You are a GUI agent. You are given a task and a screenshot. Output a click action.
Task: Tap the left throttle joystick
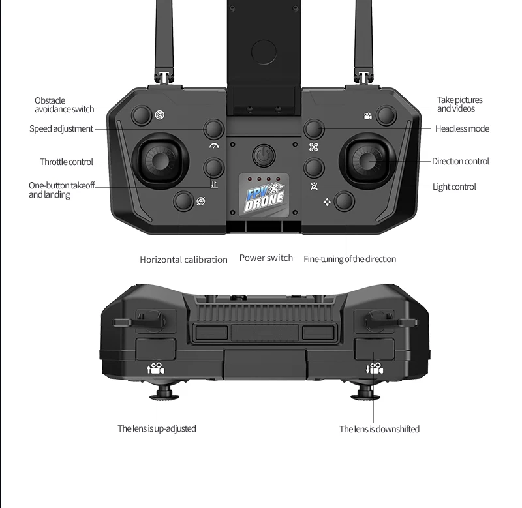[x=160, y=161]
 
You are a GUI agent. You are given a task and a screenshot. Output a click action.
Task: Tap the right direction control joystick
[x=365, y=161]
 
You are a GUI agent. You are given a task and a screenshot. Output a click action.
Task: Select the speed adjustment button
[x=214, y=129]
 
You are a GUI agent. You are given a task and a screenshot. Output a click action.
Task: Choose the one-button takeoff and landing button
[x=214, y=168]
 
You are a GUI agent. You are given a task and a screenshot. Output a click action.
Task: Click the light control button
[x=315, y=168]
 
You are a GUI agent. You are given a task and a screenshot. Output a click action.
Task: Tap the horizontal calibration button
[x=183, y=202]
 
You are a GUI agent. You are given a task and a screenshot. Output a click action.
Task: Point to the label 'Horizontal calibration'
[x=183, y=260]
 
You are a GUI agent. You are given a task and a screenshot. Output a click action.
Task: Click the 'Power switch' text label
[x=266, y=258]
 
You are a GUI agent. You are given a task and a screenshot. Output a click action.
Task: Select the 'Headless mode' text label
[x=462, y=128]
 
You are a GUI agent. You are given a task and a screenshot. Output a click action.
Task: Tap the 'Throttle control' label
[x=67, y=162]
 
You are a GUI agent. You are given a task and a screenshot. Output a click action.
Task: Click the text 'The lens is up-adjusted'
[x=157, y=428]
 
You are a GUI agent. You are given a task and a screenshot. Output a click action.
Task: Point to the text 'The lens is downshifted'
[x=379, y=429]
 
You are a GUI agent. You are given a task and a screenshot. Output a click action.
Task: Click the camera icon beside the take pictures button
[x=368, y=116]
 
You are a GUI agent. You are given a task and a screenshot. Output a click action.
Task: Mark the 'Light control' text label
[x=454, y=187]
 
